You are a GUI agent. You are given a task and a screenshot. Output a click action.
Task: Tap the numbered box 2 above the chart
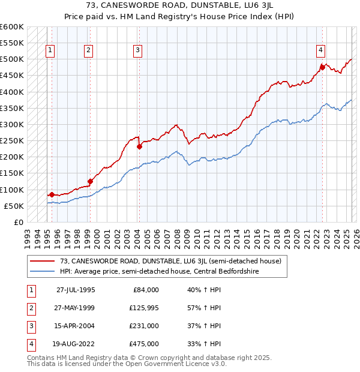pos(88,50)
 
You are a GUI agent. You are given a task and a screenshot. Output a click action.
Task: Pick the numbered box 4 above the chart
pos(321,50)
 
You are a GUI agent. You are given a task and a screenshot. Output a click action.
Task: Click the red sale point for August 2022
pos(322,67)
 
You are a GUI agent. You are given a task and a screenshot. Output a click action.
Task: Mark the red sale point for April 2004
pos(139,146)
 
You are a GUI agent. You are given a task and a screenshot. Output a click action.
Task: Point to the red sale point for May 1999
pos(90,181)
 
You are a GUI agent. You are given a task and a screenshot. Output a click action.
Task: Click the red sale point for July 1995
pos(52,194)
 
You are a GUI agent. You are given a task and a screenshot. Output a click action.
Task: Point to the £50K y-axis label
pos(14,206)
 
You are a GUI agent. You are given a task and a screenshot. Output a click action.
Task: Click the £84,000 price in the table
pos(146,290)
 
